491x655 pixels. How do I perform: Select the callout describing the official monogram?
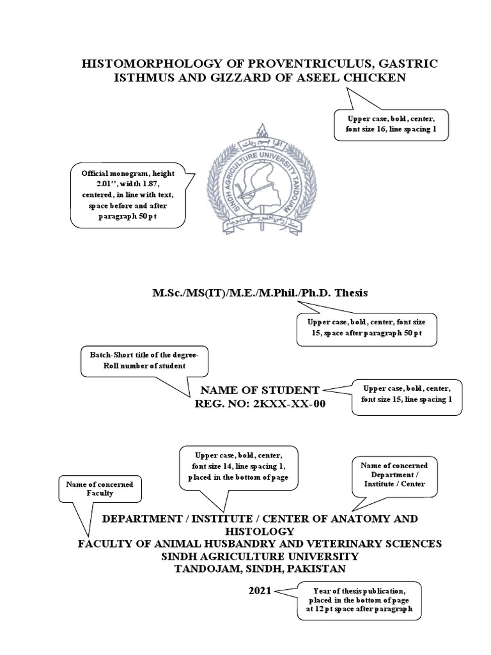128,195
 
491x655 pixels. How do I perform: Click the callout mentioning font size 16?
392,124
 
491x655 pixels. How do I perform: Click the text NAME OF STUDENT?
260,390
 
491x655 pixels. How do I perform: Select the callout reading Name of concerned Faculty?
99,489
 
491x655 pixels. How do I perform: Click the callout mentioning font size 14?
238,466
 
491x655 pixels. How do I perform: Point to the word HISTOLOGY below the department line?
259,531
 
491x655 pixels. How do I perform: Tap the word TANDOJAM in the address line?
207,568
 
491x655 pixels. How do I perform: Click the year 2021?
260,590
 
